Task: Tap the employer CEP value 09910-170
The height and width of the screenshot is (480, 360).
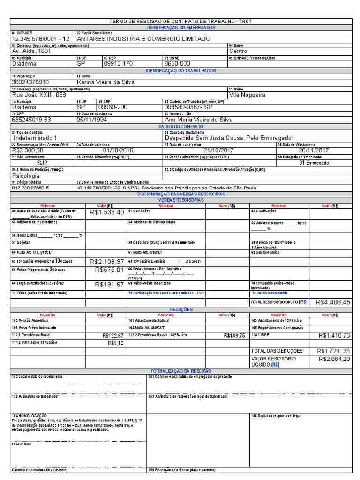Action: coord(118,63)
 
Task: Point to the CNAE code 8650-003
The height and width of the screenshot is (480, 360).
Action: coord(178,63)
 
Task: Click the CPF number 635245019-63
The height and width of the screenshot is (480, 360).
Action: coord(31,120)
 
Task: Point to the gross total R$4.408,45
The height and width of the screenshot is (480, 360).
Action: coord(333,302)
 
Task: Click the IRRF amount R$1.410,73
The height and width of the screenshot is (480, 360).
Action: coord(334,335)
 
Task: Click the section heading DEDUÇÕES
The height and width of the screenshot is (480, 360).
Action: coord(180,309)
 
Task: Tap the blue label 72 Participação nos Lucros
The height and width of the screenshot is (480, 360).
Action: coord(166,293)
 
